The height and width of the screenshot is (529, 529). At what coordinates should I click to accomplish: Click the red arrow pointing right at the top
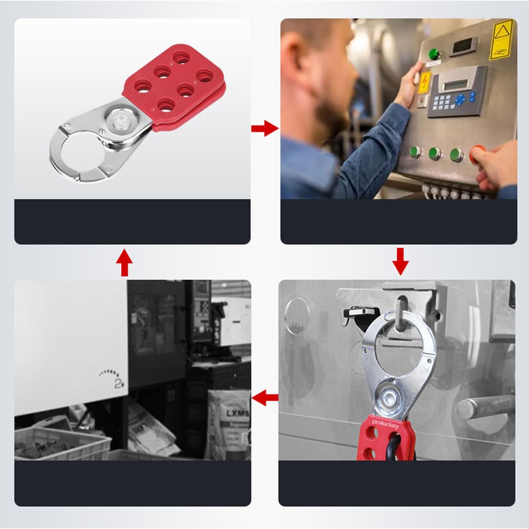coord(264,129)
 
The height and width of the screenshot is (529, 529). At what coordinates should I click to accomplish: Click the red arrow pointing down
coord(401,261)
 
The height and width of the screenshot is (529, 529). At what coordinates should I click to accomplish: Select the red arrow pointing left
coord(265,397)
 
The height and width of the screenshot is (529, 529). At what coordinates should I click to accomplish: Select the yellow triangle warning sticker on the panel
coord(501,39)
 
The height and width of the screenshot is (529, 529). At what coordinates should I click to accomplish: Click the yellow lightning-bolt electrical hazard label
coord(424,82)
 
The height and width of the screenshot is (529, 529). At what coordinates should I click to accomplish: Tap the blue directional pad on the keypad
coord(459,100)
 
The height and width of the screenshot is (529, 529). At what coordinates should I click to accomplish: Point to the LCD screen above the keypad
coord(457,83)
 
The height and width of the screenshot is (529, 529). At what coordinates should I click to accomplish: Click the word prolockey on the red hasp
coord(386,423)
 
